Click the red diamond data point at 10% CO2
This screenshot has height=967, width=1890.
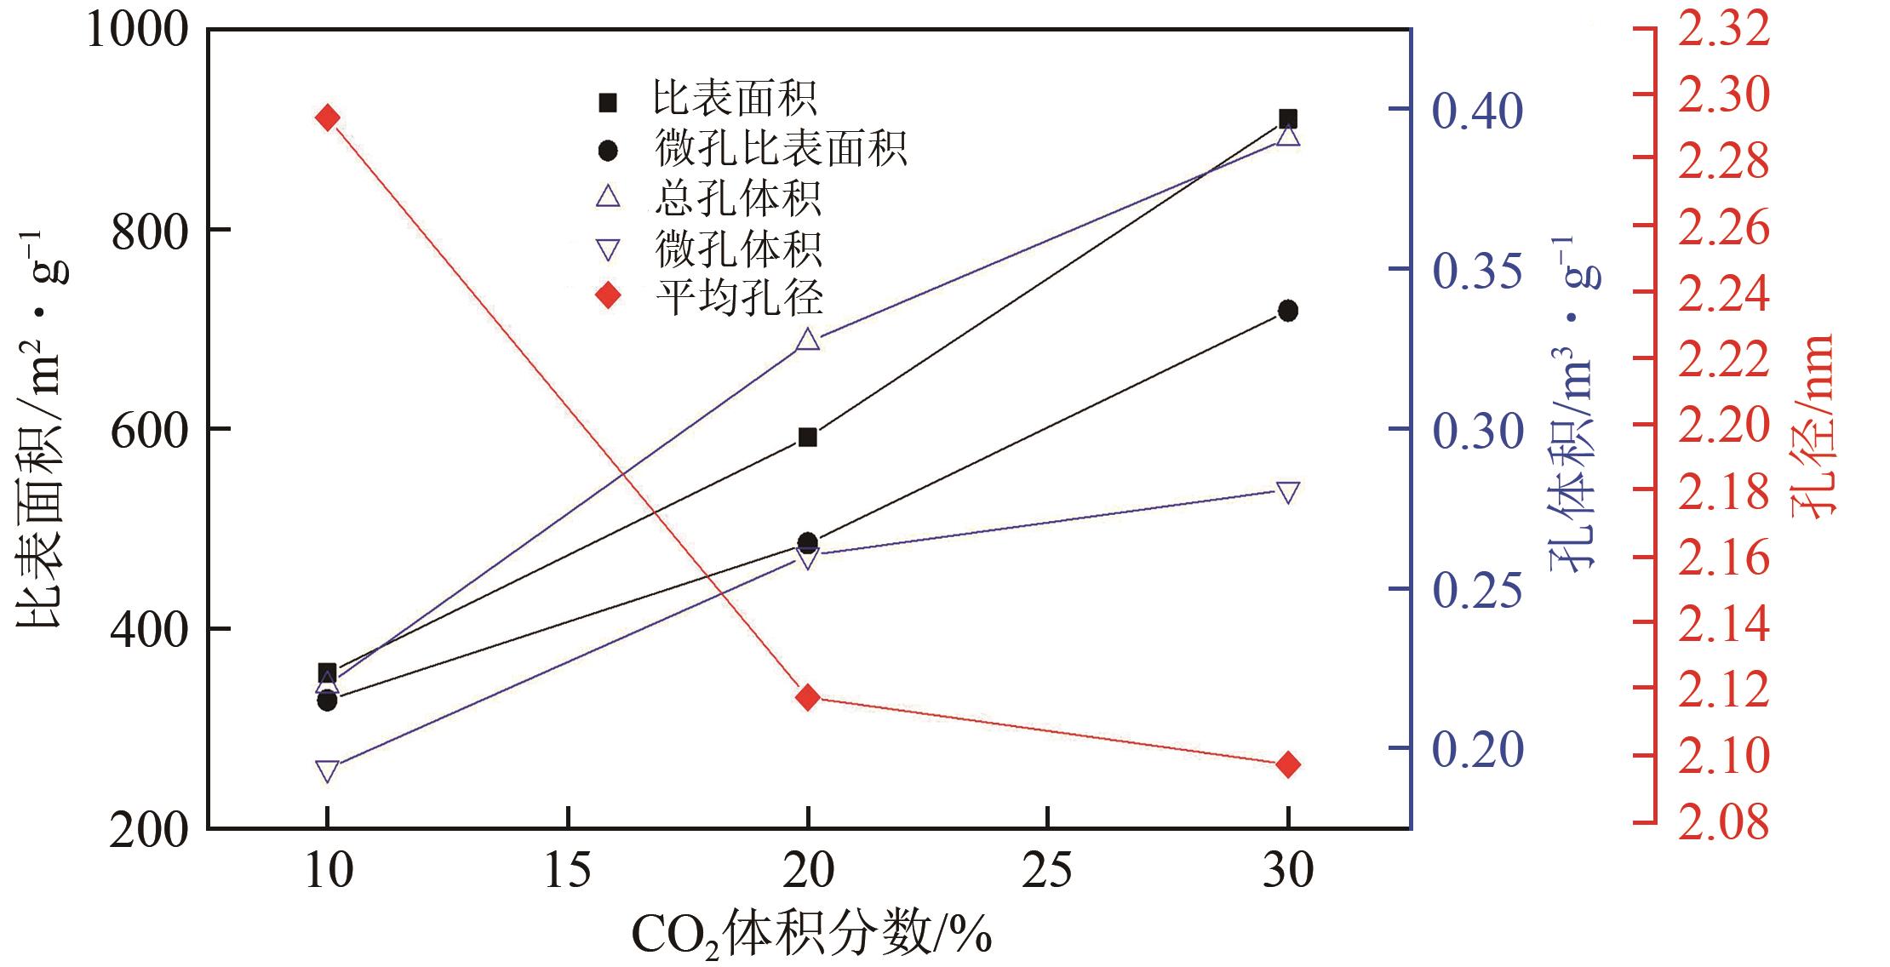(x=327, y=117)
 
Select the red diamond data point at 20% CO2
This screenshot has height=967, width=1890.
(x=807, y=697)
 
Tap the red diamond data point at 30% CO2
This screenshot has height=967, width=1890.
(x=1288, y=764)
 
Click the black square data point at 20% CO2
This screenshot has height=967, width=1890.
(x=807, y=438)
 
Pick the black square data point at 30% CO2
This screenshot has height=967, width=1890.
(x=1288, y=118)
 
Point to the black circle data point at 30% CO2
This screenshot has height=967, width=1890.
(x=1288, y=311)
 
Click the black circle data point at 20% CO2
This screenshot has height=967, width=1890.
(x=807, y=542)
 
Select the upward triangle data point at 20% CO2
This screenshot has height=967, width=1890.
(x=807, y=340)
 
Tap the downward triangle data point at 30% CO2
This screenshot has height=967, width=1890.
(x=1288, y=493)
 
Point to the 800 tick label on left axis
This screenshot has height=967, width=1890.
(x=148, y=230)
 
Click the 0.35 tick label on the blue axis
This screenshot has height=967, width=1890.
(x=1476, y=270)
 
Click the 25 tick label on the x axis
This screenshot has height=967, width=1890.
(x=1047, y=872)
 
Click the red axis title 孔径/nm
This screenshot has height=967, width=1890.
(x=1813, y=426)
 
